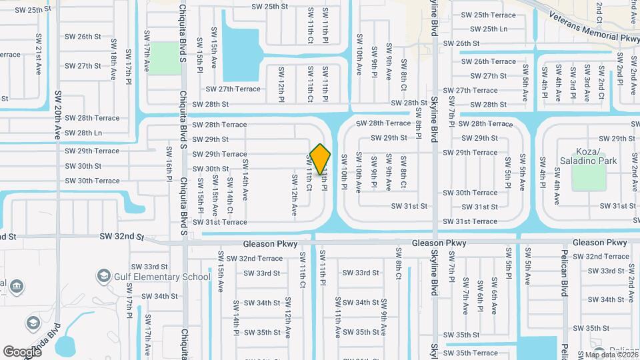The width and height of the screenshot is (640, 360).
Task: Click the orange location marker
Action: (320, 159)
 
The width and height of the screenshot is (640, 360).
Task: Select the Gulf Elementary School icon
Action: (103, 276)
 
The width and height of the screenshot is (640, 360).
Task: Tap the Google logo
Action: (22, 351)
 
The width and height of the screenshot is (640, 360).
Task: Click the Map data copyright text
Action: (611, 355)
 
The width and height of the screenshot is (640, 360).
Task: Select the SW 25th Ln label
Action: (489, 29)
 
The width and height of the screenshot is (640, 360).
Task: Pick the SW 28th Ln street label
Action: (84, 133)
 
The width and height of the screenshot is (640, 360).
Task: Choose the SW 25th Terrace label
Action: (489, 15)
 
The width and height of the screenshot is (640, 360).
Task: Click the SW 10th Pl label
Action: (344, 173)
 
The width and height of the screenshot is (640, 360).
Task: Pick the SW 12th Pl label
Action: (281, 85)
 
